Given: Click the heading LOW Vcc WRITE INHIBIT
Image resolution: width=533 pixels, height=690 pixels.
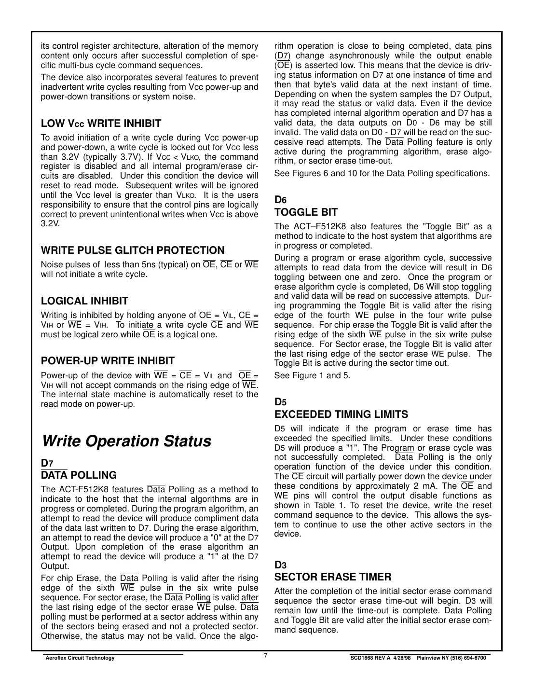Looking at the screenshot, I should [101, 124].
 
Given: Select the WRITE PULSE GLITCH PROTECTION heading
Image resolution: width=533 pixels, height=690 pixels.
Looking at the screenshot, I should [133, 250].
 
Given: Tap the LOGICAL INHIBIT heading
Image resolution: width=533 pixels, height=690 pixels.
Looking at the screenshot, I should [84, 301].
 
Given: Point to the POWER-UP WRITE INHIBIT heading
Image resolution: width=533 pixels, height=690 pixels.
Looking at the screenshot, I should [108, 361].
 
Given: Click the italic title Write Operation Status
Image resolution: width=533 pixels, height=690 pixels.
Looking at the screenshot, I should [126, 441].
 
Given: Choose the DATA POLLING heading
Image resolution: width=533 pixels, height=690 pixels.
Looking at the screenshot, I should [79, 475].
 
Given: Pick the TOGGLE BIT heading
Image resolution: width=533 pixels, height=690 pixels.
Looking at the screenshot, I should [306, 212].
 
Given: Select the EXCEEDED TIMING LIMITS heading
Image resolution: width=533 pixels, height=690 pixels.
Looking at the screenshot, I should [341, 414].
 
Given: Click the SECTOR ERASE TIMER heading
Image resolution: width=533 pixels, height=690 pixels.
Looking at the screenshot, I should [333, 577].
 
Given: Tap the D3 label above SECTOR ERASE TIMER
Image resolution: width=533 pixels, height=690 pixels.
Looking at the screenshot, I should [280, 565].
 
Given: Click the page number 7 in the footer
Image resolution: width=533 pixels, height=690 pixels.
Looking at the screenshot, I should [266, 656].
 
